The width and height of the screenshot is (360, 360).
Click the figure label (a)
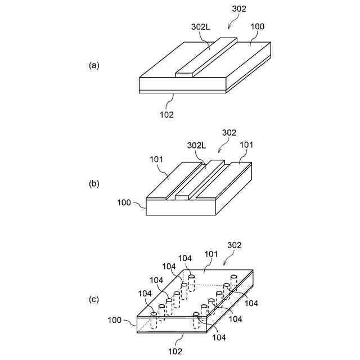94,65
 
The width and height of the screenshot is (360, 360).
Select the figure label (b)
94,183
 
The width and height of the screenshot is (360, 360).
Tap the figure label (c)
94,300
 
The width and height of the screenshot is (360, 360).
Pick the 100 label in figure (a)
257,27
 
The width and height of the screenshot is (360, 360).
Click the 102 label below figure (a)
166,114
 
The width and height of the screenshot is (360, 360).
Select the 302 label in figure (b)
229,133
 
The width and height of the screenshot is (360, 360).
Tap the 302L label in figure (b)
197,145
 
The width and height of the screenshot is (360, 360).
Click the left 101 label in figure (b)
156,159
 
